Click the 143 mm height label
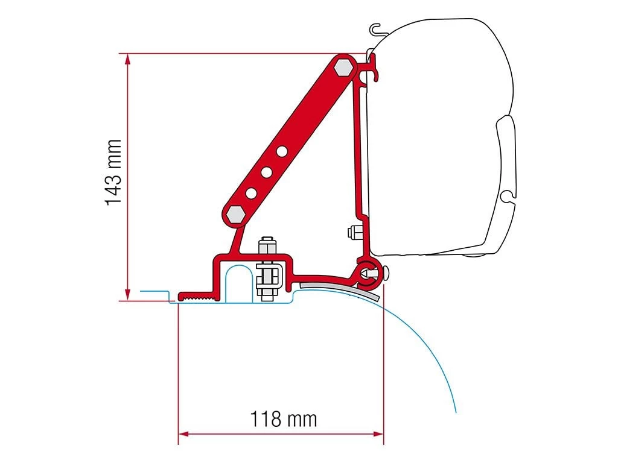pyautogui.click(x=113, y=173)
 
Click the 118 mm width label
pyautogui.click(x=284, y=418)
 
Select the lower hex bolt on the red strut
pyautogui.click(x=234, y=213)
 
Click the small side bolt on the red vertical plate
pyautogui.click(x=352, y=231)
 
